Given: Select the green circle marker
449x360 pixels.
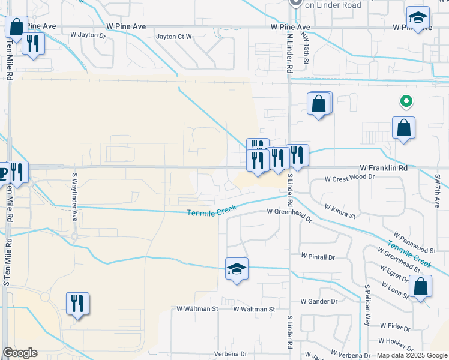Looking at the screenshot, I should pos(406,102).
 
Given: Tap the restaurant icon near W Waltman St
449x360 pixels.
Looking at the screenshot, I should pos(77,303).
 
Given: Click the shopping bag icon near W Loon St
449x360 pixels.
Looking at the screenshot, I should pos(420,287).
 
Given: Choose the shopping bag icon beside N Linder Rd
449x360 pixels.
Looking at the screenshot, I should pos(319,104).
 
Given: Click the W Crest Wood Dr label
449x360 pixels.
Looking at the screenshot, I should pos(349,178).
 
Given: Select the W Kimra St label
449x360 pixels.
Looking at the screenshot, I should pos(340,211).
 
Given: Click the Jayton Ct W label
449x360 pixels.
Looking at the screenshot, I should pos(174,37).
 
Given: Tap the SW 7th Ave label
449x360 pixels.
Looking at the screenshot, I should pos(438,190).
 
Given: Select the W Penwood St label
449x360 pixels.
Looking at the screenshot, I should pos(414,241).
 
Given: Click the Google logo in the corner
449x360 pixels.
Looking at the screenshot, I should pos(20,353).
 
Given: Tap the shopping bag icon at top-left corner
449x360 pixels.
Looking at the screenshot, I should pos(16,26).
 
